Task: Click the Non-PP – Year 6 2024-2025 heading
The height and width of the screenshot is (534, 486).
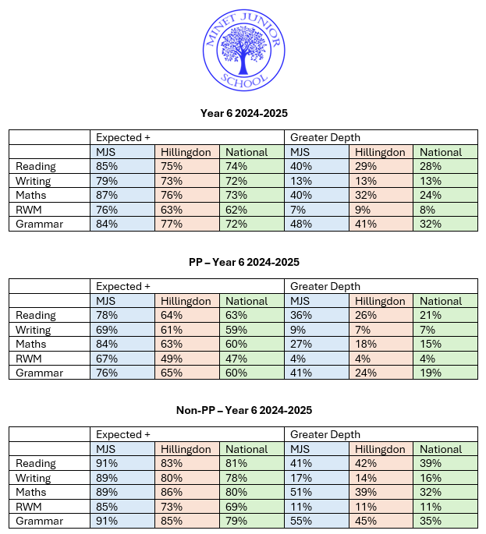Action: [243, 410]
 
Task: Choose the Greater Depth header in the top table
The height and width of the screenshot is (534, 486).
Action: [321, 138]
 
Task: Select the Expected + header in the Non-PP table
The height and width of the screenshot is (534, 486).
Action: [122, 434]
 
